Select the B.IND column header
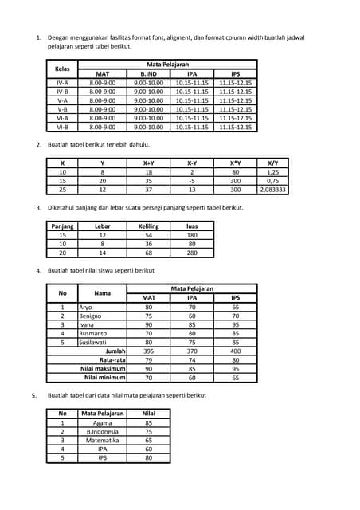click(x=148, y=73)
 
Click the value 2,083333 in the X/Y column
click(x=273, y=190)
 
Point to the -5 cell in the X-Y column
click(x=192, y=181)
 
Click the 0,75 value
click(x=273, y=181)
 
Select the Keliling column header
click(x=148, y=226)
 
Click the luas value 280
click(x=192, y=253)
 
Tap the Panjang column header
click(x=63, y=226)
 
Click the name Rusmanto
click(x=93, y=333)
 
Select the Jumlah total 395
click(x=148, y=351)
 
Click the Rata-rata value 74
click(x=192, y=359)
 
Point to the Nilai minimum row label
click(x=105, y=377)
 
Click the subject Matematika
click(x=103, y=440)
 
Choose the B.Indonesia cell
click(x=103, y=431)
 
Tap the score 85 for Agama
click(x=148, y=422)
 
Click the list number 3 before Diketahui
click(x=38, y=208)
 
